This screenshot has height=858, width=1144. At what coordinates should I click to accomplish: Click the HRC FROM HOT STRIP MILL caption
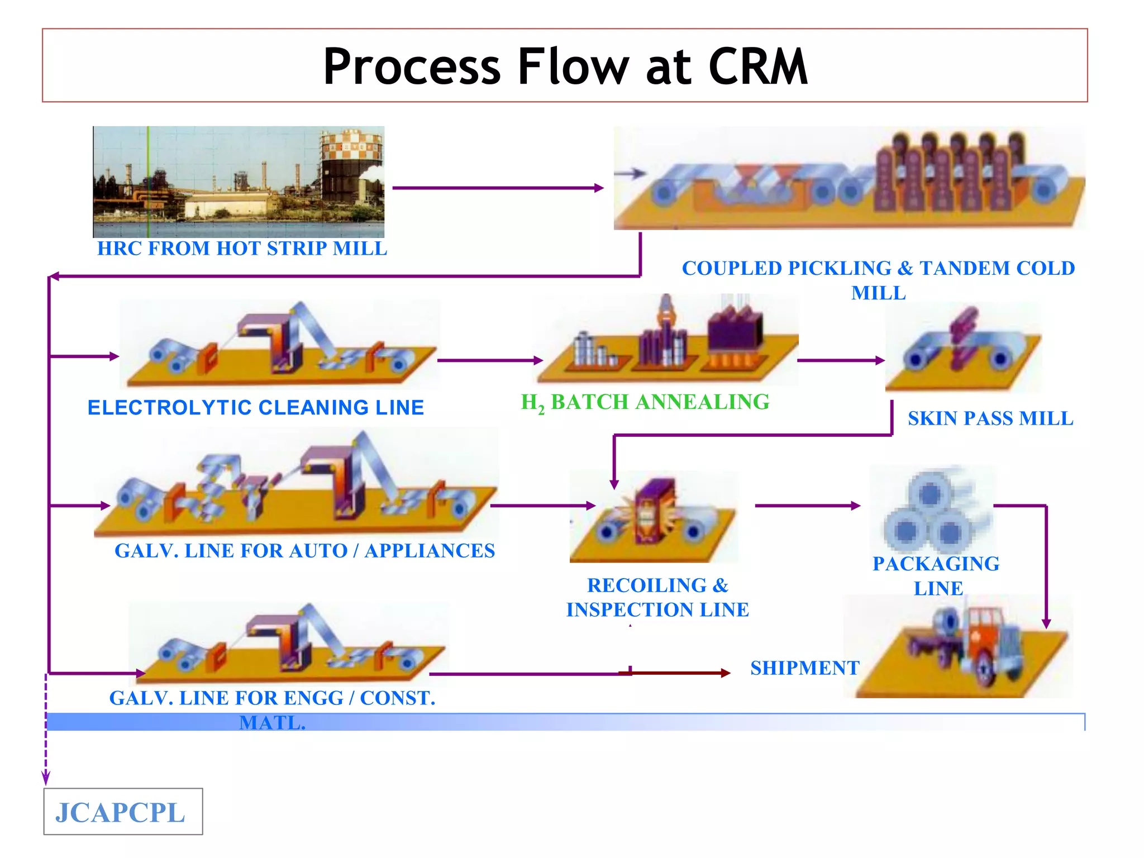pos(242,249)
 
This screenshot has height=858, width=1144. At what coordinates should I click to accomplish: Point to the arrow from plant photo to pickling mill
pos(497,188)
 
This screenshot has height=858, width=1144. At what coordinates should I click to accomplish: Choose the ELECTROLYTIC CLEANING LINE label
pos(256,408)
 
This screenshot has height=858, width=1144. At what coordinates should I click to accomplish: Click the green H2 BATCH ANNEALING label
pos(645,403)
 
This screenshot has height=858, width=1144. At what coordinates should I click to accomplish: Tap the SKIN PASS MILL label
pos(990,418)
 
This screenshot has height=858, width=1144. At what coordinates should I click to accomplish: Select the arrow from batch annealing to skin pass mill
pos(841,361)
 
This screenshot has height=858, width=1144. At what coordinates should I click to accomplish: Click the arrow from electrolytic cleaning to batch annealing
pos(490,361)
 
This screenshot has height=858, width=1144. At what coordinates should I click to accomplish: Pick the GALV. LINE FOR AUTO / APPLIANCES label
pos(304,551)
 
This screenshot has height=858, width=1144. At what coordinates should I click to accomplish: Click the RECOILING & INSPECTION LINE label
pos(657,598)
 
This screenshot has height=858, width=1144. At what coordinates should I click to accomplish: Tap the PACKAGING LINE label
pos(936,575)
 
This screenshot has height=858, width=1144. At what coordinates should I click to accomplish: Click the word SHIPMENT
pos(804,668)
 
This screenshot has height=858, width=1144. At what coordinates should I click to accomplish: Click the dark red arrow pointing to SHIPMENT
pos(676,673)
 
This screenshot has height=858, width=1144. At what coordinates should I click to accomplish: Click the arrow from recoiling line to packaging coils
pos(807,506)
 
